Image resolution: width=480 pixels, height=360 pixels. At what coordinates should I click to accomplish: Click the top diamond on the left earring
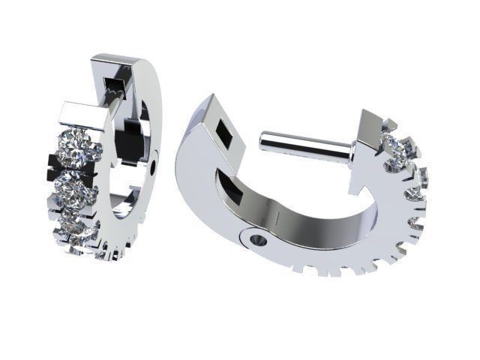78,148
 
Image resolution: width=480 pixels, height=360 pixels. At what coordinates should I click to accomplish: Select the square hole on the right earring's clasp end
222,133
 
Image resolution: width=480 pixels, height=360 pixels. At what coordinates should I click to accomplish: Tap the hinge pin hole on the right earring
256,241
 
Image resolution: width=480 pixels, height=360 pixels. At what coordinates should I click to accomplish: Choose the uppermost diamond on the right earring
395,148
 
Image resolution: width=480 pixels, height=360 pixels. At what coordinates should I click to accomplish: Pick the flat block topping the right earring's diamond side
373,127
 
